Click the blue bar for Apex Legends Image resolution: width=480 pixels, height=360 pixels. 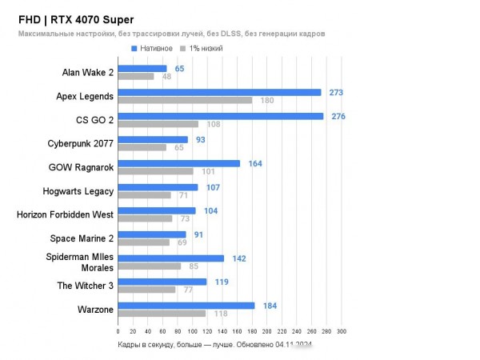(x=218, y=93)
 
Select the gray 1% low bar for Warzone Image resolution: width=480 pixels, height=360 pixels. (x=162, y=314)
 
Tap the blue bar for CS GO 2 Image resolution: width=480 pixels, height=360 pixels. (x=220, y=117)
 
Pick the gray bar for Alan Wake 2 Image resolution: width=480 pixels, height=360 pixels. (x=135, y=77)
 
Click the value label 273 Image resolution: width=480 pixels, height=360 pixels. (x=336, y=93)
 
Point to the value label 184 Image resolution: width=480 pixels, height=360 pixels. (x=270, y=306)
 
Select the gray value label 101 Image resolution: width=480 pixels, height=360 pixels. (x=207, y=171)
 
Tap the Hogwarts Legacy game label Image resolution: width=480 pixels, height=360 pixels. (x=78, y=190)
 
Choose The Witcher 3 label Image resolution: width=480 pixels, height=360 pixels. (x=85, y=285)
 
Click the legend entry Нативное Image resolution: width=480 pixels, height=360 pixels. (x=156, y=49)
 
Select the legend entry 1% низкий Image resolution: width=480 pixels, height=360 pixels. (x=206, y=49)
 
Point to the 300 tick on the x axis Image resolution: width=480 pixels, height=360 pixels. (x=341, y=331)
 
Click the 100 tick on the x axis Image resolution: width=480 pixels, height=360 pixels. (x=192, y=331)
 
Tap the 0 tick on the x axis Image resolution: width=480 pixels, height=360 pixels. (x=118, y=331)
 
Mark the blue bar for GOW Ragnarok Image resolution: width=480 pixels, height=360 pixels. (x=178, y=164)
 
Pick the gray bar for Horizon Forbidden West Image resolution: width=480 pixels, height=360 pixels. (x=145, y=218)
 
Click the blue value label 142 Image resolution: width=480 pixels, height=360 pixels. (x=238, y=258)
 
